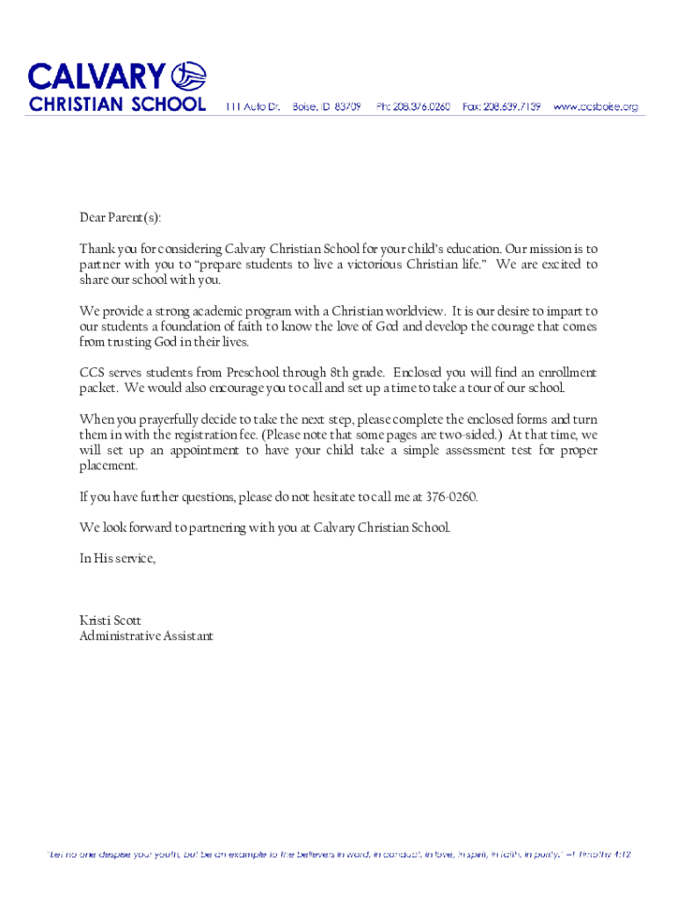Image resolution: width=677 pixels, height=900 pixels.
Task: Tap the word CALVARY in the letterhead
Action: tap(97, 76)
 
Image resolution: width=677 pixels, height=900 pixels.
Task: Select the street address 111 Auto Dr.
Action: tap(252, 106)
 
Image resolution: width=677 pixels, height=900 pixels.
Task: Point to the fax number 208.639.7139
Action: tap(514, 106)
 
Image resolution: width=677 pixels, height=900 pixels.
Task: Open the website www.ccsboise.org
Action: tap(595, 106)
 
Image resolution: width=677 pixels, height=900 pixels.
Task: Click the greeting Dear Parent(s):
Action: tap(120, 218)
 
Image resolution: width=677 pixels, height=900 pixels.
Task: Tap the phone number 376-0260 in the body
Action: tap(450, 497)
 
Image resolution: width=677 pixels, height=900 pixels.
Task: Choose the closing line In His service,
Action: tap(117, 559)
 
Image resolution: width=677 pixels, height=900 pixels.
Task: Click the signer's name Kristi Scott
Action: tap(110, 621)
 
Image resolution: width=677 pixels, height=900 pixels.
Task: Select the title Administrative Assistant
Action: tap(146, 635)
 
